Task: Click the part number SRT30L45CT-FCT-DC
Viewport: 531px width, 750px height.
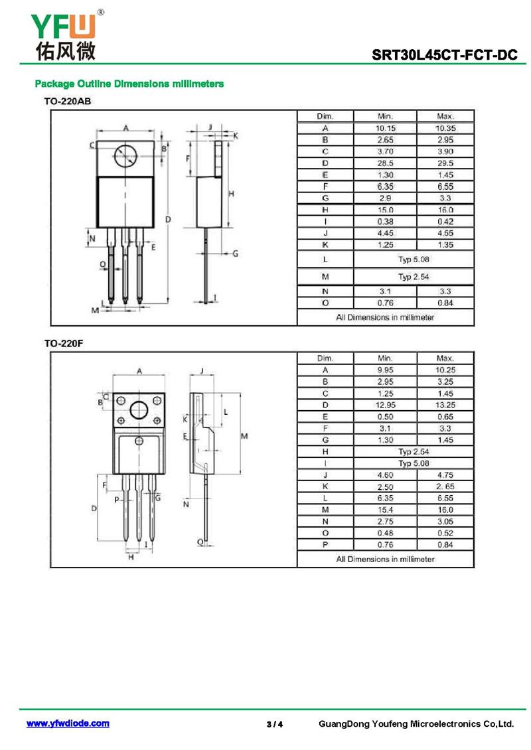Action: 445,55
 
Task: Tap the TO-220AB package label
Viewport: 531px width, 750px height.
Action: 68,102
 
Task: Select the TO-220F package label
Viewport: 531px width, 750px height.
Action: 64,343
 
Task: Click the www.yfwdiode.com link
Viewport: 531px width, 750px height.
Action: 68,723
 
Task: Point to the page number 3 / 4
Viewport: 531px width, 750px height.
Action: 275,724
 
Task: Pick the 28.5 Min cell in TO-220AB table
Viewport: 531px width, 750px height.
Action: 385,163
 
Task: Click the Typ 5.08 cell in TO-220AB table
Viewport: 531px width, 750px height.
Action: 414,260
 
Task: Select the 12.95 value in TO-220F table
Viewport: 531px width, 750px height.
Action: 385,405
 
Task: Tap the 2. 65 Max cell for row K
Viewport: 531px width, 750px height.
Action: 445,487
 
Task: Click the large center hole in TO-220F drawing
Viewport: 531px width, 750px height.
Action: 139,410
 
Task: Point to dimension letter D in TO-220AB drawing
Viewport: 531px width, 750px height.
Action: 168,220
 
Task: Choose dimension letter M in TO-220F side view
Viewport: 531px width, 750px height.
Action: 244,436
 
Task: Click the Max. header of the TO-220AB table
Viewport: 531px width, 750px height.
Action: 445,116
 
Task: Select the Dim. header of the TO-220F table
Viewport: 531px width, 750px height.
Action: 325,358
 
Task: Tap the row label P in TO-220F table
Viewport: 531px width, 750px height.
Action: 325,545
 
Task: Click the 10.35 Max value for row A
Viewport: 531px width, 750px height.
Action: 445,128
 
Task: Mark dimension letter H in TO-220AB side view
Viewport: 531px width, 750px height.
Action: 232,194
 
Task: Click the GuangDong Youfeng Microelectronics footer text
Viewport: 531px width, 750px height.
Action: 416,723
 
